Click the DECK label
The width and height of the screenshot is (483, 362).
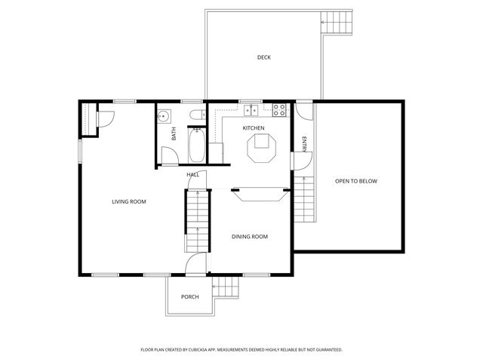pyautogui.click(x=263, y=57)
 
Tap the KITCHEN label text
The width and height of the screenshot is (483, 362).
pyautogui.click(x=253, y=128)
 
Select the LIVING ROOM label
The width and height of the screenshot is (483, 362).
pyautogui.click(x=128, y=201)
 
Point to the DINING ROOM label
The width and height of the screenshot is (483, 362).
pyautogui.click(x=249, y=237)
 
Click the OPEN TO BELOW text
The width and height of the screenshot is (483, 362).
pyautogui.click(x=356, y=181)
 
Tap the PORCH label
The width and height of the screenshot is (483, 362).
pyautogui.click(x=189, y=296)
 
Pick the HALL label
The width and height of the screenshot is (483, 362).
pyautogui.click(x=192, y=174)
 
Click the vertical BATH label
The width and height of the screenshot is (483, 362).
pyautogui.click(x=174, y=133)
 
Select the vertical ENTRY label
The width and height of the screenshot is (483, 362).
pyautogui.click(x=304, y=143)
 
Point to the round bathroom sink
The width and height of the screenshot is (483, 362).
pyautogui.click(x=165, y=116)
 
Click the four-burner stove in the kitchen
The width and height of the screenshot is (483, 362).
pyautogui.click(x=280, y=110)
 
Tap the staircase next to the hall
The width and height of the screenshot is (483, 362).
pyautogui.click(x=196, y=222)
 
